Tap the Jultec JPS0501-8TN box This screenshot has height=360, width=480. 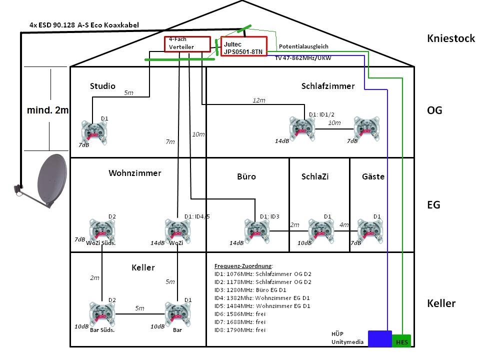pos(244,46)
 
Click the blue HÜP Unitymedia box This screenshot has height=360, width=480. pos(379,338)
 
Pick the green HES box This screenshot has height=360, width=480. pos(401,341)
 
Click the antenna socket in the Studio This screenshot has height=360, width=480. pos(94,132)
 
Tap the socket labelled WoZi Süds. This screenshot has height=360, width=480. pos(101,230)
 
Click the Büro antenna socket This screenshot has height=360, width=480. pos(257,231)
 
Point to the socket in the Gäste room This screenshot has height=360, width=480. pos(370,231)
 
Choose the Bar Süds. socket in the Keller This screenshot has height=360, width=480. pos(102,314)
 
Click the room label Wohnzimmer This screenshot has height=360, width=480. pos(135,173)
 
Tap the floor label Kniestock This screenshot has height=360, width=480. pos(450,38)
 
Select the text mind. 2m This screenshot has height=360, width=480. pos(47,110)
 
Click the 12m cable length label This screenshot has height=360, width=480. pos(258,100)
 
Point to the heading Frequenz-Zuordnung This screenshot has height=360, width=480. pos(243,265)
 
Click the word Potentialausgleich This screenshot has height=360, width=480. pos(303,46)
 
